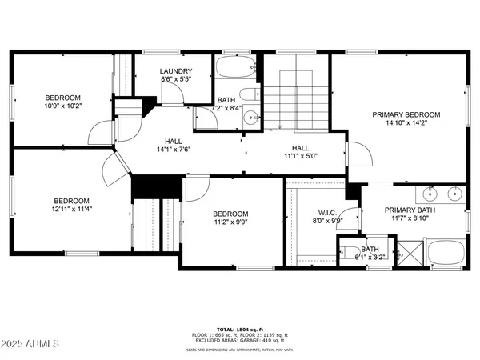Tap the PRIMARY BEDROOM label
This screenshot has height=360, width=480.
(417, 114)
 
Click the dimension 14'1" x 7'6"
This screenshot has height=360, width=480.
(174, 149)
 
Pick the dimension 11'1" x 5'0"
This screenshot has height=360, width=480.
(300, 157)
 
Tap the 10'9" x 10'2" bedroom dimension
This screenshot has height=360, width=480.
(63, 105)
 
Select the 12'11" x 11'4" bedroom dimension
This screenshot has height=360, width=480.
(71, 210)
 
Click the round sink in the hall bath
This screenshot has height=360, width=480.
(250, 116)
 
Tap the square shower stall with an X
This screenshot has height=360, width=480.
(410, 254)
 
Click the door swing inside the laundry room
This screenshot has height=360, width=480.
(171, 94)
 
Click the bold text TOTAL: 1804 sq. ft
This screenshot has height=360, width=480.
(239, 328)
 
